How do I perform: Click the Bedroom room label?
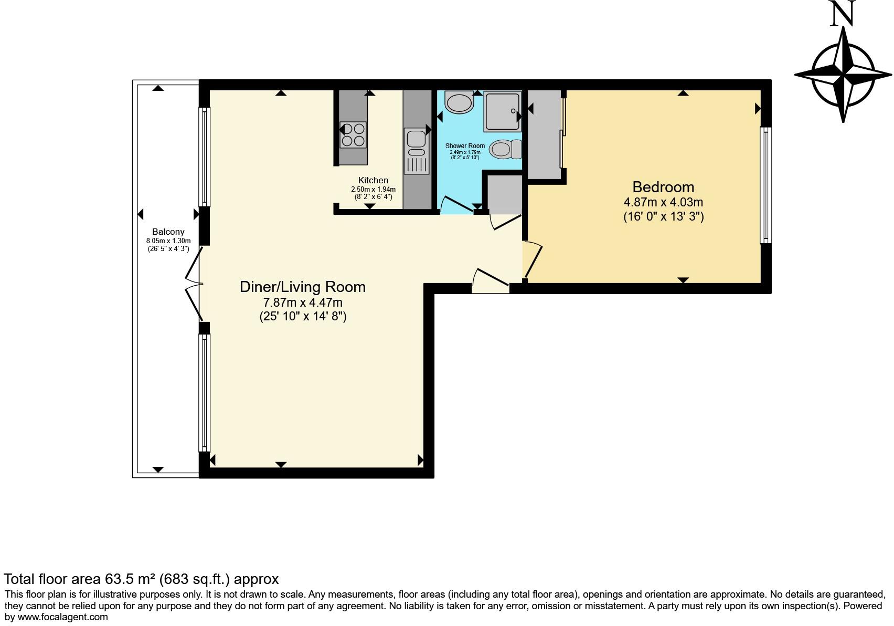(x=663, y=187)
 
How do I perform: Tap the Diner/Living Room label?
(x=303, y=287)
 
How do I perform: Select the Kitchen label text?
(x=373, y=180)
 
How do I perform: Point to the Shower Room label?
(x=465, y=146)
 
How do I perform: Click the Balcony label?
(x=168, y=232)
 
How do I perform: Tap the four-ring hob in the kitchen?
(x=353, y=134)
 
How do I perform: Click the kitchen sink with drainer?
(x=417, y=151)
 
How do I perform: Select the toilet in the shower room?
(x=505, y=149)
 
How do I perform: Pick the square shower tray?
(x=503, y=111)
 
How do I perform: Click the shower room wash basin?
(x=459, y=102)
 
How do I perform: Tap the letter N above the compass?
(x=843, y=14)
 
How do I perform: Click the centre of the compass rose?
(x=843, y=75)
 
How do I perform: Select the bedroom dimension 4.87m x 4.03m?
(x=663, y=202)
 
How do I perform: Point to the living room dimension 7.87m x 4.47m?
(x=303, y=302)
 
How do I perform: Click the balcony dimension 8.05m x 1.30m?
(x=168, y=241)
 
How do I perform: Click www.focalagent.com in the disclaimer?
(x=62, y=617)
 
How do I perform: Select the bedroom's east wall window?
(x=766, y=185)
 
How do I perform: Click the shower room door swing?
(x=457, y=204)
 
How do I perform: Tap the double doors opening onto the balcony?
(x=194, y=284)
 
